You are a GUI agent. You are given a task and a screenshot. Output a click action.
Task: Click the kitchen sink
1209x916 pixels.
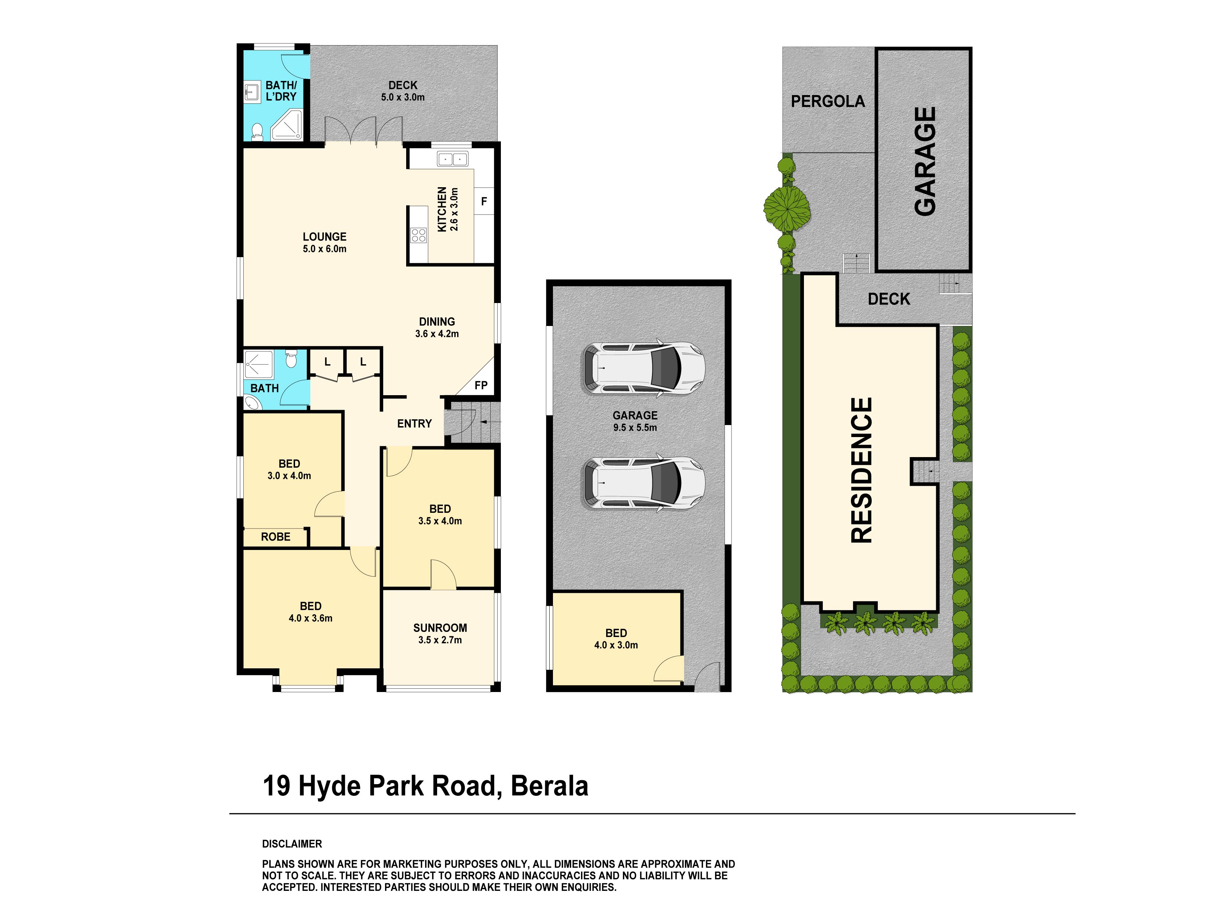pyautogui.click(x=452, y=159)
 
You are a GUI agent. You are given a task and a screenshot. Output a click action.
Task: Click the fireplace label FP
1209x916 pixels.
pyautogui.click(x=481, y=385)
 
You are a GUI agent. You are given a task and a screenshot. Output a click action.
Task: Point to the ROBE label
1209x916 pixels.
pyautogui.click(x=275, y=537)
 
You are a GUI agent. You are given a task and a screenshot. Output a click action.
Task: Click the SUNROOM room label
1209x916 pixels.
pyautogui.click(x=440, y=628)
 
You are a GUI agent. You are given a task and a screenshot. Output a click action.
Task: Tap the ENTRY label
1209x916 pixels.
pyautogui.click(x=414, y=424)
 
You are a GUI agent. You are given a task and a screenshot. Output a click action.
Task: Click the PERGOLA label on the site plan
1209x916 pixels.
pyautogui.click(x=828, y=101)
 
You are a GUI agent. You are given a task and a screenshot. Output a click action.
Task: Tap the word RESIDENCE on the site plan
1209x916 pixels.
pyautogui.click(x=862, y=470)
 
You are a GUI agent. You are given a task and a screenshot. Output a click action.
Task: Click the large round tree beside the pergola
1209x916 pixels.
pyautogui.click(x=786, y=208)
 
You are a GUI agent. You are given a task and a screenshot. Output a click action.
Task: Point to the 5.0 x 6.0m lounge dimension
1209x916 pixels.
pyautogui.click(x=325, y=249)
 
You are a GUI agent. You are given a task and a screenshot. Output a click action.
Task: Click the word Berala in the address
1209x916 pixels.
pyautogui.click(x=549, y=786)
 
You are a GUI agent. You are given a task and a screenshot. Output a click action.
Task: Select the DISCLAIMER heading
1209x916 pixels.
pyautogui.click(x=292, y=844)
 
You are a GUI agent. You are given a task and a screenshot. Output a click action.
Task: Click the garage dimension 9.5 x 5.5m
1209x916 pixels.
pyautogui.click(x=635, y=427)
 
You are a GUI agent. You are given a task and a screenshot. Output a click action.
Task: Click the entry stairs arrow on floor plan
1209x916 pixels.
pyautogui.click(x=490, y=422)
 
